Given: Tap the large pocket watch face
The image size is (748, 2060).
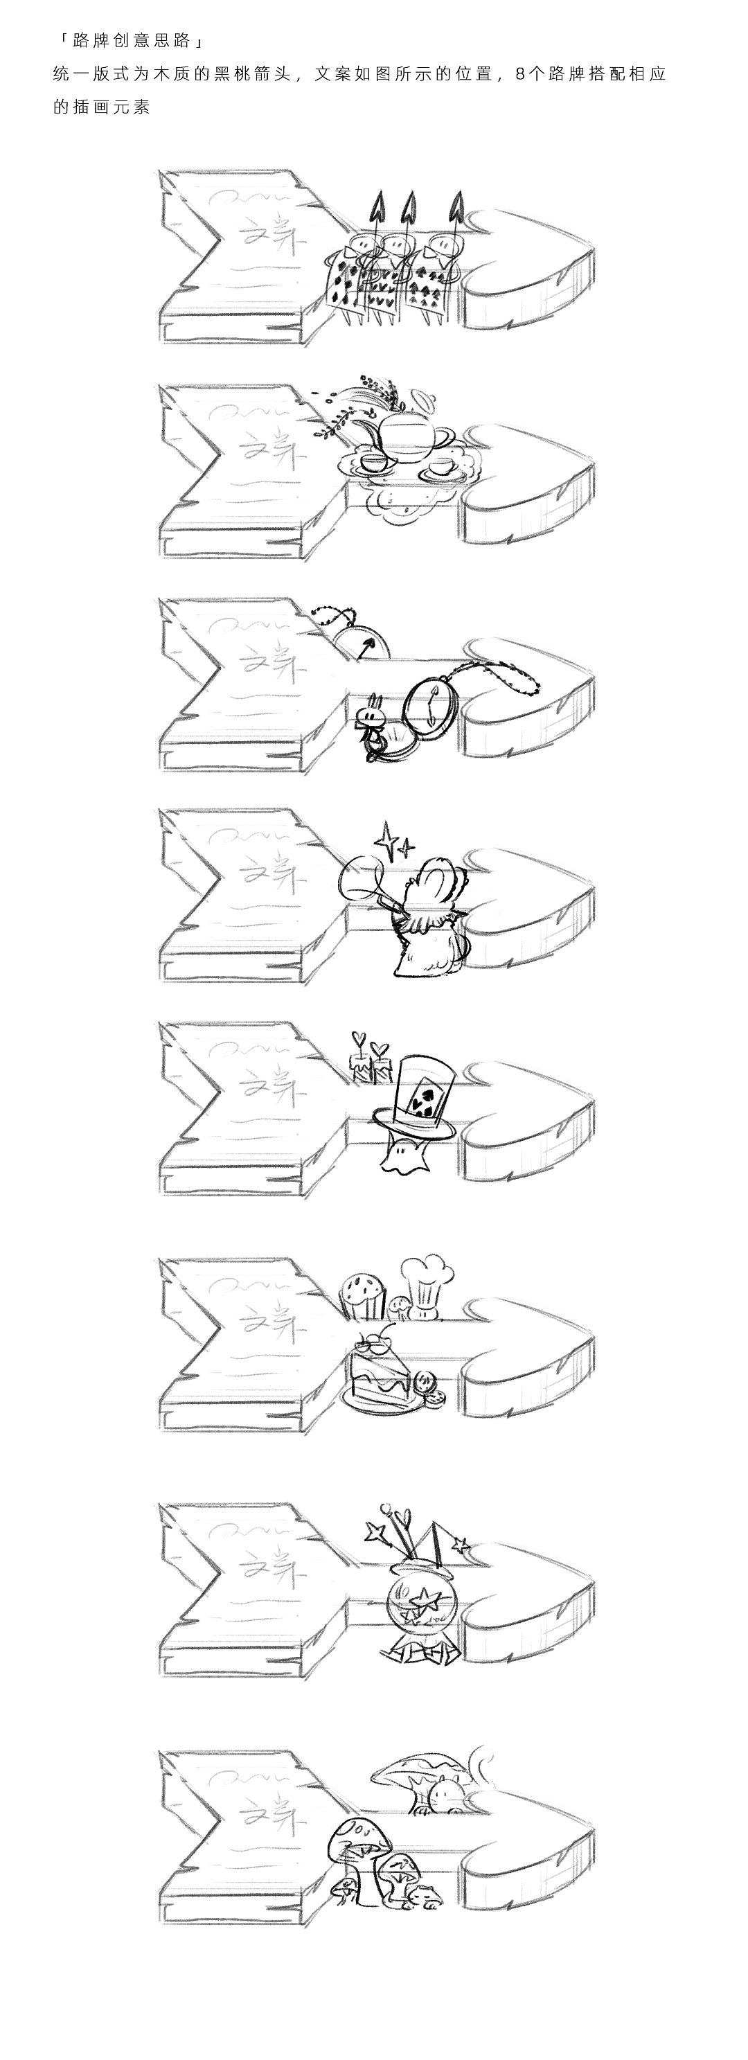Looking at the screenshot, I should pyautogui.click(x=432, y=704).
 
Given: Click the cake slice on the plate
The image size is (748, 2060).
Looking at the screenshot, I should pyautogui.click(x=377, y=1376).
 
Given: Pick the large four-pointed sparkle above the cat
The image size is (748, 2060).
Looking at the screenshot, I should pyautogui.click(x=389, y=840).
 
